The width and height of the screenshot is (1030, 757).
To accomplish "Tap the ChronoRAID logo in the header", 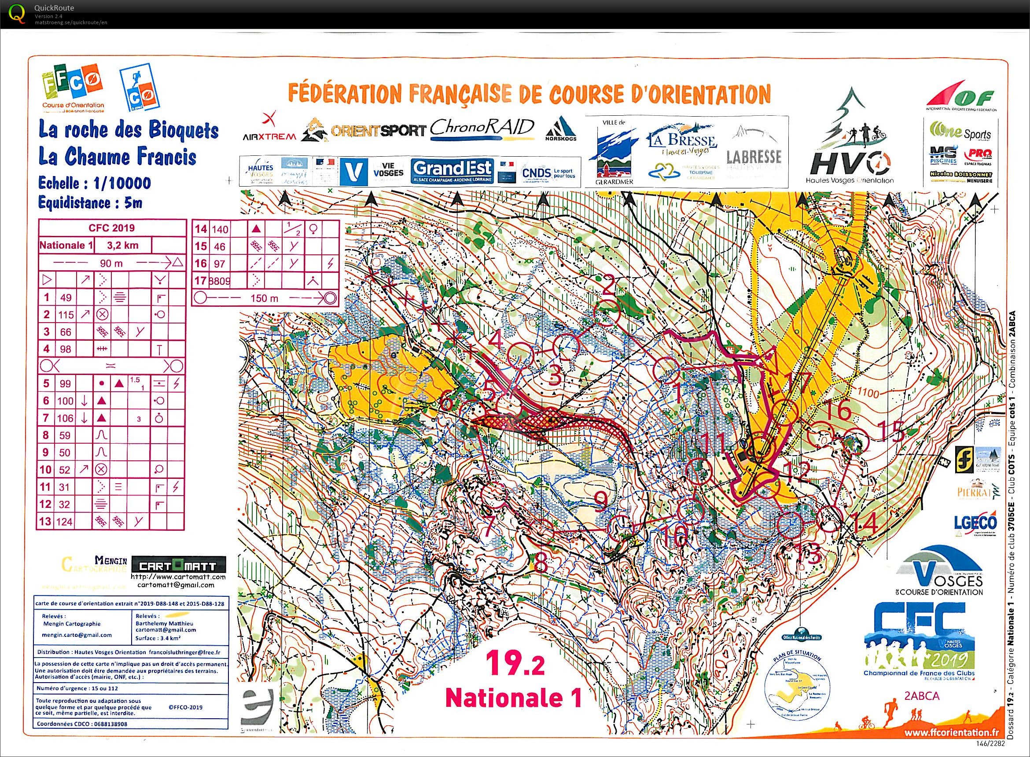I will (482, 129).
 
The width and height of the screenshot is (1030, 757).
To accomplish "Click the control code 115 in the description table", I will (66, 315).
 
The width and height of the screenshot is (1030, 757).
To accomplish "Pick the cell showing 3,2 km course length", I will (122, 245).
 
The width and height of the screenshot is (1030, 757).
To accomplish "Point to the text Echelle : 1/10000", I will (95, 183).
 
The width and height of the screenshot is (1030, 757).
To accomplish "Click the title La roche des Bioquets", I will (128, 130).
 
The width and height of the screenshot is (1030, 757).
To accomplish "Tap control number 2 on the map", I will (608, 288).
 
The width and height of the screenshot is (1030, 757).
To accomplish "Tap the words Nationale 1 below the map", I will (514, 698).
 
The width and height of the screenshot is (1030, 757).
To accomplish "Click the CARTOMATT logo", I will (179, 565).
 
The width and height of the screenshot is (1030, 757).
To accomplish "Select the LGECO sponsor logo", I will (975, 523).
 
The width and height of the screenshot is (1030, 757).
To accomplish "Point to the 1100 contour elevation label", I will (867, 393).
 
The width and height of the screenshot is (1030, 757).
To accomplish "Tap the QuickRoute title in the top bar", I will (54, 8).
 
